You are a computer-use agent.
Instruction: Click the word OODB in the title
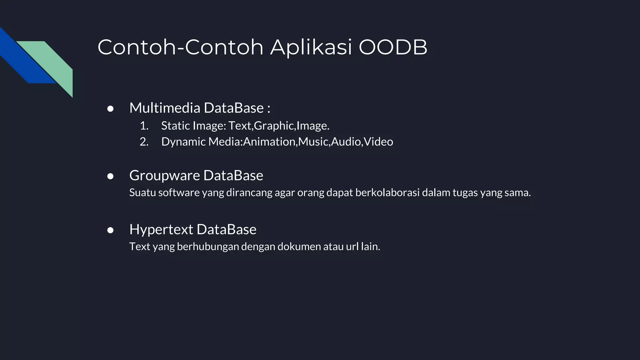(x=393, y=47)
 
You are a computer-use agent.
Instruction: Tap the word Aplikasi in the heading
(x=311, y=47)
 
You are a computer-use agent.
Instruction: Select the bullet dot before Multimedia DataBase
(x=110, y=109)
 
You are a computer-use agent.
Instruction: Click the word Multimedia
(x=165, y=108)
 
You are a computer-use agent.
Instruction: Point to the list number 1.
(x=144, y=126)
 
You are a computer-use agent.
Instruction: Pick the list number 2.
(x=144, y=142)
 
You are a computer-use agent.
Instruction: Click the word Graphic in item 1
(x=274, y=126)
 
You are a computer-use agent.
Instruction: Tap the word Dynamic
(x=183, y=142)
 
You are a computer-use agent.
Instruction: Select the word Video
(x=378, y=142)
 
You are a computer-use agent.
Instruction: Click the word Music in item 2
(x=313, y=142)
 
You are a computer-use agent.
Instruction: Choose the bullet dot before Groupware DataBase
(x=110, y=176)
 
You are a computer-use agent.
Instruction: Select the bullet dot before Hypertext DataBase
(x=110, y=230)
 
